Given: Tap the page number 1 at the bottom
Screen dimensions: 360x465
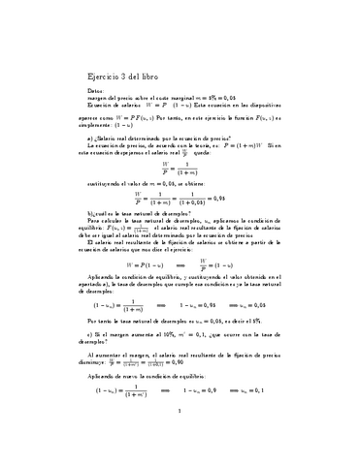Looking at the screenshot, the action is click(180, 438).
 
